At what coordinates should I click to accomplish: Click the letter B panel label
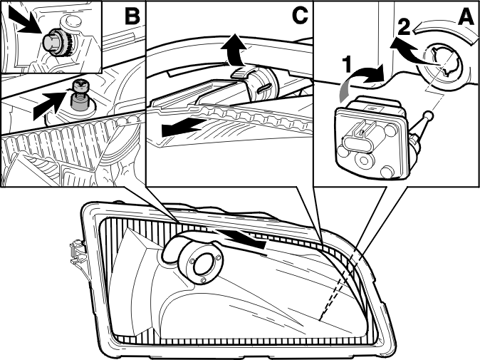pos(132,16)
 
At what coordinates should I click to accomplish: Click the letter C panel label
pos(300,15)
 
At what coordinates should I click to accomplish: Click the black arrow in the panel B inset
pos(25,20)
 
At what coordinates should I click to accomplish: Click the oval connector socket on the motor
pos(357,143)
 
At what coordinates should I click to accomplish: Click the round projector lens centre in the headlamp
pos(202,264)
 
